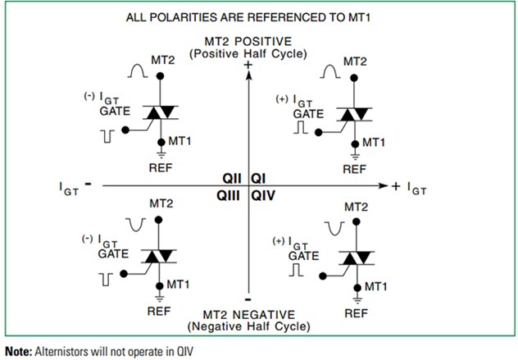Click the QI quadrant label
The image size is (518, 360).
point(257,178)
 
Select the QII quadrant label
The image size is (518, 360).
point(233,178)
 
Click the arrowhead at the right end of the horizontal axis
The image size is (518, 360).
point(380,187)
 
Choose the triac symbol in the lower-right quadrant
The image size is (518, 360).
point(355,259)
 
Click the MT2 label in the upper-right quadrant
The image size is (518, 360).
point(355,62)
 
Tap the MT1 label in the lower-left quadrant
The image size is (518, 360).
point(179,285)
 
